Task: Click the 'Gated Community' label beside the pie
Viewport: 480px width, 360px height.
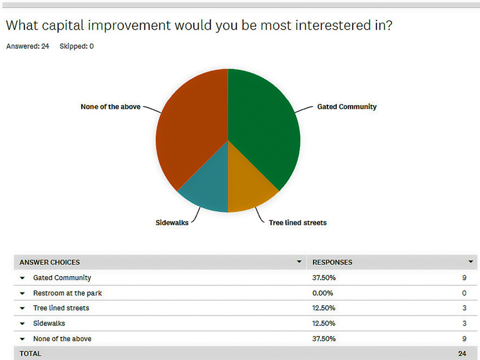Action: (x=347, y=107)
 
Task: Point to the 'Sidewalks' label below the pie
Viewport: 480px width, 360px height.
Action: (x=172, y=223)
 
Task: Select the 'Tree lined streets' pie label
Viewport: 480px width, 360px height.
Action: (x=298, y=223)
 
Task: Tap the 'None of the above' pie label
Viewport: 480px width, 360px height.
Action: (x=110, y=107)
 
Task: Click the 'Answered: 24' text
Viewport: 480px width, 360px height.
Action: (x=27, y=46)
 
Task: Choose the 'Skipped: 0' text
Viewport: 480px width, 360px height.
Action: (x=76, y=46)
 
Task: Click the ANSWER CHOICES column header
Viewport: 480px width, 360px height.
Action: (x=49, y=263)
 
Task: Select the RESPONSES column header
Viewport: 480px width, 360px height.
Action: (x=332, y=263)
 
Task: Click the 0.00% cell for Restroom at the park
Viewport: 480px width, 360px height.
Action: (x=323, y=293)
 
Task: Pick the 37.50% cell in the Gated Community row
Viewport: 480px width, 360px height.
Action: (x=324, y=277)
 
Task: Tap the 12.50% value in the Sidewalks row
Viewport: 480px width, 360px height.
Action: (x=324, y=323)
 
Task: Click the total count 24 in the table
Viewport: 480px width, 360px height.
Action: (x=462, y=354)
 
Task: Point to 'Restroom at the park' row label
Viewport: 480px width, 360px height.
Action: (x=67, y=293)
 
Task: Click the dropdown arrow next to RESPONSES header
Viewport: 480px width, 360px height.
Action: (x=471, y=262)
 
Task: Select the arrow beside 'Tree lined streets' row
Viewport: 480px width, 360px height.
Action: (x=23, y=308)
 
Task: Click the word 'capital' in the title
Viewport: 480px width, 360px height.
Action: (x=63, y=26)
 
